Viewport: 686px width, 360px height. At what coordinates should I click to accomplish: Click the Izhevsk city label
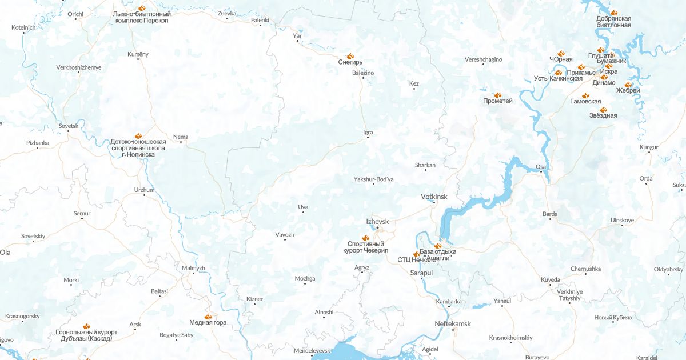pyautogui.click(x=377, y=221)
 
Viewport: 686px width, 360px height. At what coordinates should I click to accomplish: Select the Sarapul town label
pyautogui.click(x=422, y=273)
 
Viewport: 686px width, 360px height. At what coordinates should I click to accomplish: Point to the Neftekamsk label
pyautogui.click(x=453, y=323)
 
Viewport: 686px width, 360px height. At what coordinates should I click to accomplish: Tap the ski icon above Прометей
pyautogui.click(x=497, y=94)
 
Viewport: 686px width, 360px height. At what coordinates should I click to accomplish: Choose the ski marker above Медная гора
pyautogui.click(x=208, y=315)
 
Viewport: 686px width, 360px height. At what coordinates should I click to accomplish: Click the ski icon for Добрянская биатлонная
pyautogui.click(x=613, y=12)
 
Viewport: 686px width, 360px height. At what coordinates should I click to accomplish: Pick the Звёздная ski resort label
pyautogui.click(x=603, y=115)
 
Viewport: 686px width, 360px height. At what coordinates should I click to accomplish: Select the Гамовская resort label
pyautogui.click(x=585, y=102)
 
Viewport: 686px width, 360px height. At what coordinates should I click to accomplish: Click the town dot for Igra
pyautogui.click(x=368, y=137)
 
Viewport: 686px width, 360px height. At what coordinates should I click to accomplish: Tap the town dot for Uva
pyautogui.click(x=304, y=213)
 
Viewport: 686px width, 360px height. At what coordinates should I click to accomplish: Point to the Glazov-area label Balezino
pyautogui.click(x=363, y=73)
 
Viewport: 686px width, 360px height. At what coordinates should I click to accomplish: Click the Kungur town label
pyautogui.click(x=649, y=147)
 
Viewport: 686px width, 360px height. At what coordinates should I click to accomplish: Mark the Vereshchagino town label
pyautogui.click(x=483, y=59)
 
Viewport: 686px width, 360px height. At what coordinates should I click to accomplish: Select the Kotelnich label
pyautogui.click(x=23, y=27)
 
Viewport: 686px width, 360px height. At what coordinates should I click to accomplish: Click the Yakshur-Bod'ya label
pyautogui.click(x=374, y=179)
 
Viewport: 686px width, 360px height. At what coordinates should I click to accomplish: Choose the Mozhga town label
pyautogui.click(x=305, y=278)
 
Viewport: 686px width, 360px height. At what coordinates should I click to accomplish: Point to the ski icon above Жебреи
pyautogui.click(x=628, y=84)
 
